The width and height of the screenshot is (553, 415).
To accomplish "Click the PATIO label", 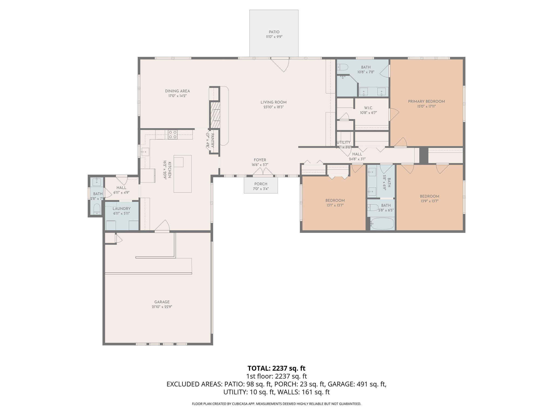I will click(x=274, y=32).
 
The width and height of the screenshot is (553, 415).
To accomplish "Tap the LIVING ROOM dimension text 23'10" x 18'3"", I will click(x=274, y=107).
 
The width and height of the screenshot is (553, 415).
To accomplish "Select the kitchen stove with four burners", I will click(x=173, y=135).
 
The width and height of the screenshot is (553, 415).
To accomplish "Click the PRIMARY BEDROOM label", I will click(x=426, y=101).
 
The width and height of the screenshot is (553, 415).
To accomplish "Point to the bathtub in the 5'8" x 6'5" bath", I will click(x=382, y=224).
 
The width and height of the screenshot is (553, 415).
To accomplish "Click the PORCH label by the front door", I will click(x=261, y=184).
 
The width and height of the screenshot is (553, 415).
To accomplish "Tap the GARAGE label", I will click(x=162, y=302).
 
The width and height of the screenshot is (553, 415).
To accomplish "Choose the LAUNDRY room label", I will click(x=122, y=209).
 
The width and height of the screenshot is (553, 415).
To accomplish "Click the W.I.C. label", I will click(x=368, y=108).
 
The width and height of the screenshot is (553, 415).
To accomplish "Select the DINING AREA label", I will click(x=177, y=91).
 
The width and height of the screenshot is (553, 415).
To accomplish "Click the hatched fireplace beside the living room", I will click(x=215, y=115).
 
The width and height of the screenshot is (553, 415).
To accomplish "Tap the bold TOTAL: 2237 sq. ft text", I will click(x=276, y=368).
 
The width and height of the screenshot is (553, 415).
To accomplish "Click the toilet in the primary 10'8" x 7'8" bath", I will click(x=342, y=67).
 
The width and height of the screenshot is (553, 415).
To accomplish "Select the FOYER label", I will click(x=260, y=160).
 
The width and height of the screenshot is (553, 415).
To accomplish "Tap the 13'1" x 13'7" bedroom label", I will click(x=335, y=200).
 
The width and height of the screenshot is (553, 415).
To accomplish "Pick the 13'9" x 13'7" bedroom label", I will click(x=429, y=196).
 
